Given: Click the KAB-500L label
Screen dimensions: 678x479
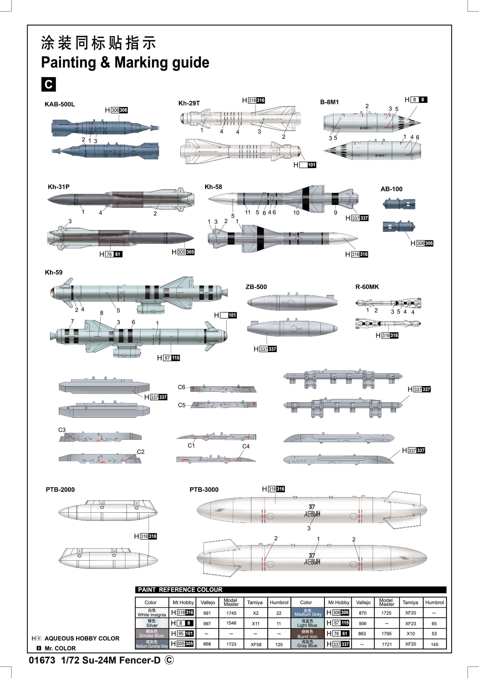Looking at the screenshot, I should pyautogui.click(x=60, y=104).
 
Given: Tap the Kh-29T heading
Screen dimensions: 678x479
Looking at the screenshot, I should pyautogui.click(x=189, y=103).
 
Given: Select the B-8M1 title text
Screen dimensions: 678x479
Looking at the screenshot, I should pyautogui.click(x=330, y=102).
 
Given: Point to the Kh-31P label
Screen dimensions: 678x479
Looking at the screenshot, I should pyautogui.click(x=58, y=187).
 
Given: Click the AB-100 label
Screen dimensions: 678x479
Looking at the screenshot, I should pyautogui.click(x=391, y=189).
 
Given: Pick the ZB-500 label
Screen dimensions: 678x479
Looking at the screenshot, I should pyautogui.click(x=256, y=287).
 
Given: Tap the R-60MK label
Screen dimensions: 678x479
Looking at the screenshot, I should pyautogui.click(x=367, y=287).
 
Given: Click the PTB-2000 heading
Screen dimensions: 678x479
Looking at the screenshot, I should pyautogui.click(x=60, y=490).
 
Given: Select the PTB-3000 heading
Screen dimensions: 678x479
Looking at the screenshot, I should pyautogui.click(x=204, y=490).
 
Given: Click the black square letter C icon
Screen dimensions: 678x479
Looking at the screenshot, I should pyautogui.click(x=48, y=84).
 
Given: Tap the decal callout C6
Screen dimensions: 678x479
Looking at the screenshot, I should pyautogui.click(x=181, y=387).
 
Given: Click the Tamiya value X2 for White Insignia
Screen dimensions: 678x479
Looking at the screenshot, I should pyautogui.click(x=256, y=613).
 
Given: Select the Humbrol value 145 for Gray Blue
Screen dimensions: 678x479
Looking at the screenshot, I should pyautogui.click(x=434, y=644).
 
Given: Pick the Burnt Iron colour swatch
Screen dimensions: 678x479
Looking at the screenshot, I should pyautogui.click(x=307, y=634).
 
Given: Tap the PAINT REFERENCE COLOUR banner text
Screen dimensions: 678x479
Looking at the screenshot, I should pyautogui.click(x=180, y=590).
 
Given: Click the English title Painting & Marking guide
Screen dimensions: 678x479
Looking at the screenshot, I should pyautogui.click(x=125, y=62).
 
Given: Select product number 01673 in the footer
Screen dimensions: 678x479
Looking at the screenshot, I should pyautogui.click(x=42, y=660).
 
